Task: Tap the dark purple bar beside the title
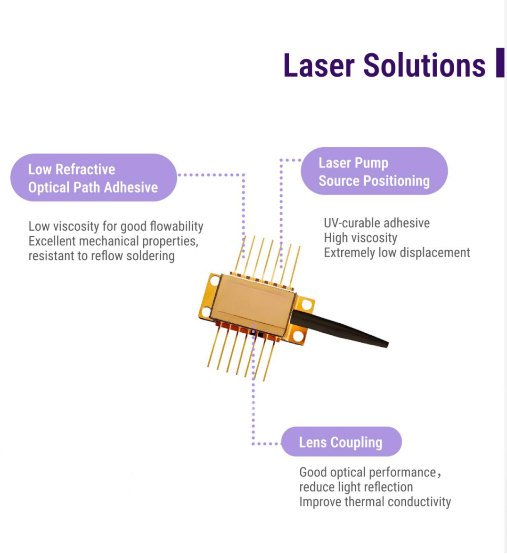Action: coord(500,63)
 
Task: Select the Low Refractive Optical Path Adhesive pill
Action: coord(93,177)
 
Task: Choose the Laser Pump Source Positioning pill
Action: coord(374,171)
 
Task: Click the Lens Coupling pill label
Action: coord(342,442)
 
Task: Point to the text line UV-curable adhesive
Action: coord(377,223)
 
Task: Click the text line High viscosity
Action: coord(360,238)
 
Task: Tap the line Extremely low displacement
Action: coord(397,253)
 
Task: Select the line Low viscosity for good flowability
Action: coord(116,226)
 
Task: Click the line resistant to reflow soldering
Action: coord(102,256)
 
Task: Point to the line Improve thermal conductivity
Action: coord(375,502)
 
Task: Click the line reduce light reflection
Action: coord(356,487)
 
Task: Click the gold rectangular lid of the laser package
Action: coord(253,305)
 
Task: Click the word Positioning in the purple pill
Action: coord(397,181)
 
